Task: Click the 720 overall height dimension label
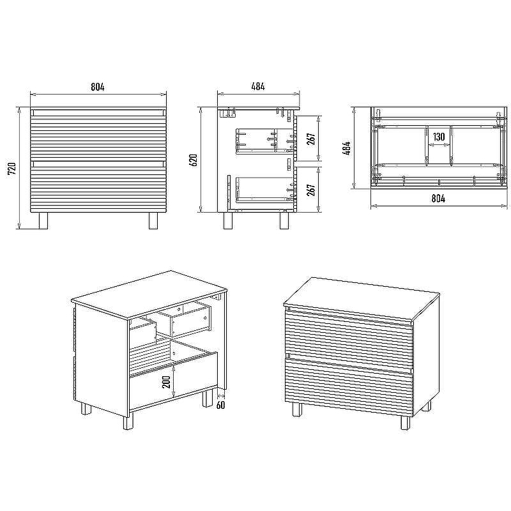pyautogui.click(x=11, y=169)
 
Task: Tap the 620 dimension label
pyautogui.click(x=194, y=160)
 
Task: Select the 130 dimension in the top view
pyautogui.click(x=439, y=137)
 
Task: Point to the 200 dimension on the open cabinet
pyautogui.click(x=166, y=381)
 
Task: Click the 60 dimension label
pyautogui.click(x=220, y=405)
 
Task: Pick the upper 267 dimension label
pyautogui.click(x=311, y=139)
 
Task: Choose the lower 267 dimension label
pyautogui.click(x=311, y=190)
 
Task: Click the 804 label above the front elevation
pyautogui.click(x=98, y=87)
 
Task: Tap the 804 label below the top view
pyautogui.click(x=438, y=198)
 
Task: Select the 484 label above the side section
pyautogui.click(x=258, y=86)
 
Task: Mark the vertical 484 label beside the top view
pyautogui.click(x=347, y=148)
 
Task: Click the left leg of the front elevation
pyautogui.click(x=43, y=220)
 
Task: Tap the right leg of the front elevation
pyautogui.click(x=153, y=220)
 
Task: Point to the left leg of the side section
pyautogui.click(x=228, y=220)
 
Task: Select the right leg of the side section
pyautogui.click(x=284, y=220)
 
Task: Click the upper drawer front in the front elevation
pyautogui.click(x=98, y=135)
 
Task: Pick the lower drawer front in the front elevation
pyautogui.click(x=98, y=186)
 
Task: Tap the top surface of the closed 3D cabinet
pyautogui.click(x=361, y=299)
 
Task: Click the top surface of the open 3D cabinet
pyautogui.click(x=149, y=294)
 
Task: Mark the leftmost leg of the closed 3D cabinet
pyautogui.click(x=297, y=409)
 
